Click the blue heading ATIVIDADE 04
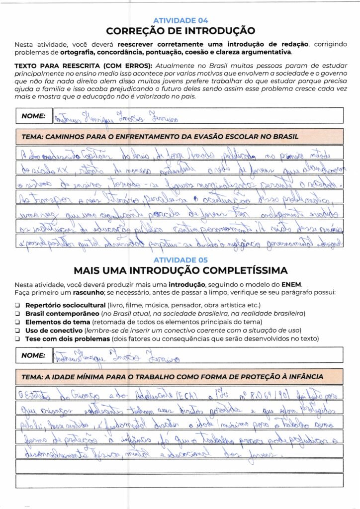(x=180, y=20)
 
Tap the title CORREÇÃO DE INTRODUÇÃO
(x=180, y=31)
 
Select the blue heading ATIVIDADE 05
(x=180, y=260)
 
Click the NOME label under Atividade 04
(x=33, y=116)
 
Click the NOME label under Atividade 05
(x=33, y=355)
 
